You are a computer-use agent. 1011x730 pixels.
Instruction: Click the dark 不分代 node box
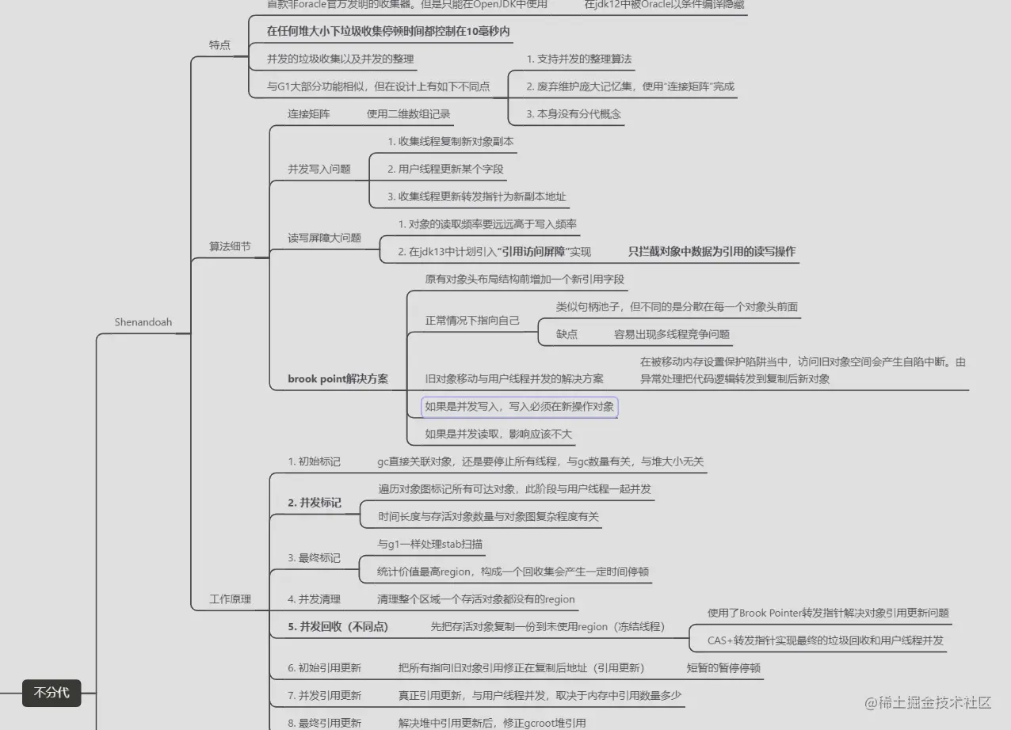52,693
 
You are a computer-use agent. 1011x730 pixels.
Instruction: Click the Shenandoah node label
143,322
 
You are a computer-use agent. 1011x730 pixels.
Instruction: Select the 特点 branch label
219,45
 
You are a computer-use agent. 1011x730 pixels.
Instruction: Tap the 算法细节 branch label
230,247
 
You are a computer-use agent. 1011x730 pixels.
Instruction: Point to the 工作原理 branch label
230,599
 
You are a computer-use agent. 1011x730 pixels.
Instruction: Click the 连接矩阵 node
308,114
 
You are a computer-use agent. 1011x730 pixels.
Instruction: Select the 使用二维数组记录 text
408,114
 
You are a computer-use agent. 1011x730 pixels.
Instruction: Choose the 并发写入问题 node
319,169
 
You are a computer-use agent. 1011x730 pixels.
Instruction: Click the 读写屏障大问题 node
324,238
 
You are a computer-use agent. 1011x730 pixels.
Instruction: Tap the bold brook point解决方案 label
338,378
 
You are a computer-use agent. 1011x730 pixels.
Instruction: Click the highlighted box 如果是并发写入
519,407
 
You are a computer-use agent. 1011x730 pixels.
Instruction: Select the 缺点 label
567,334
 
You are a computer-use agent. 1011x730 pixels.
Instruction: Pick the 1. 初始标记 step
314,461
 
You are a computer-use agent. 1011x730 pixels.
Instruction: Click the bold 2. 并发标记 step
315,503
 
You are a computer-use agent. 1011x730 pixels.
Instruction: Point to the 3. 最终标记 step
314,558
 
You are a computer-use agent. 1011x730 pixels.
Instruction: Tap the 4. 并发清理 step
314,599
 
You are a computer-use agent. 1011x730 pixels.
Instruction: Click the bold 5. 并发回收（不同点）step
338,627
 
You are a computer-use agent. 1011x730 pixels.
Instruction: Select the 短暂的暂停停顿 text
723,668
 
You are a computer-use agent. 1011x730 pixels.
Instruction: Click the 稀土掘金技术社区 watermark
927,702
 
